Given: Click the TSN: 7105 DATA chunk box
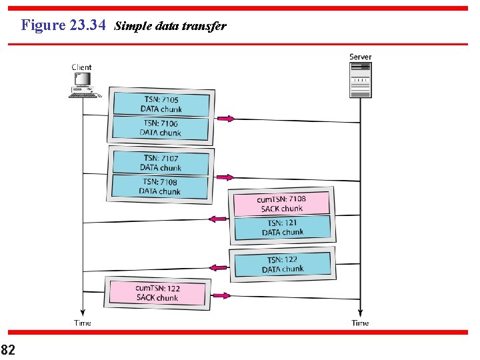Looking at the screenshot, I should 161,104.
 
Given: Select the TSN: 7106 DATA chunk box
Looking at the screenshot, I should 161,127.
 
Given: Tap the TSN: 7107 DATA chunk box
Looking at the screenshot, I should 160,163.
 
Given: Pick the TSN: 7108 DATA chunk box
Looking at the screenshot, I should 160,186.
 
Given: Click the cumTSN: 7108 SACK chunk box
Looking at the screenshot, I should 281,203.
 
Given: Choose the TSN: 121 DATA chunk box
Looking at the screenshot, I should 282,228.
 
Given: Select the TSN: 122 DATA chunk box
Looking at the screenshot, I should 282,264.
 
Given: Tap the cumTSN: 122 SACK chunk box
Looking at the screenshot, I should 157,293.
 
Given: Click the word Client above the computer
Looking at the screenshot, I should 81,67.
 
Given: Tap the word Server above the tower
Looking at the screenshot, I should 360,57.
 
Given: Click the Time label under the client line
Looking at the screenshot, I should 83,323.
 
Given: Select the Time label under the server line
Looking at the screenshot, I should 360,323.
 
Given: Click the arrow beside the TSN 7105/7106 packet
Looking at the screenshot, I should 225,119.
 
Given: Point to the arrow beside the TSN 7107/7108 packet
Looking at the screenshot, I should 225,177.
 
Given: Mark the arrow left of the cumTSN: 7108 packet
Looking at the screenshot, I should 217,219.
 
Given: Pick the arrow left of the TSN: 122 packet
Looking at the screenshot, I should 218,267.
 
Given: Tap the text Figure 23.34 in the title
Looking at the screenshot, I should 63,25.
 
